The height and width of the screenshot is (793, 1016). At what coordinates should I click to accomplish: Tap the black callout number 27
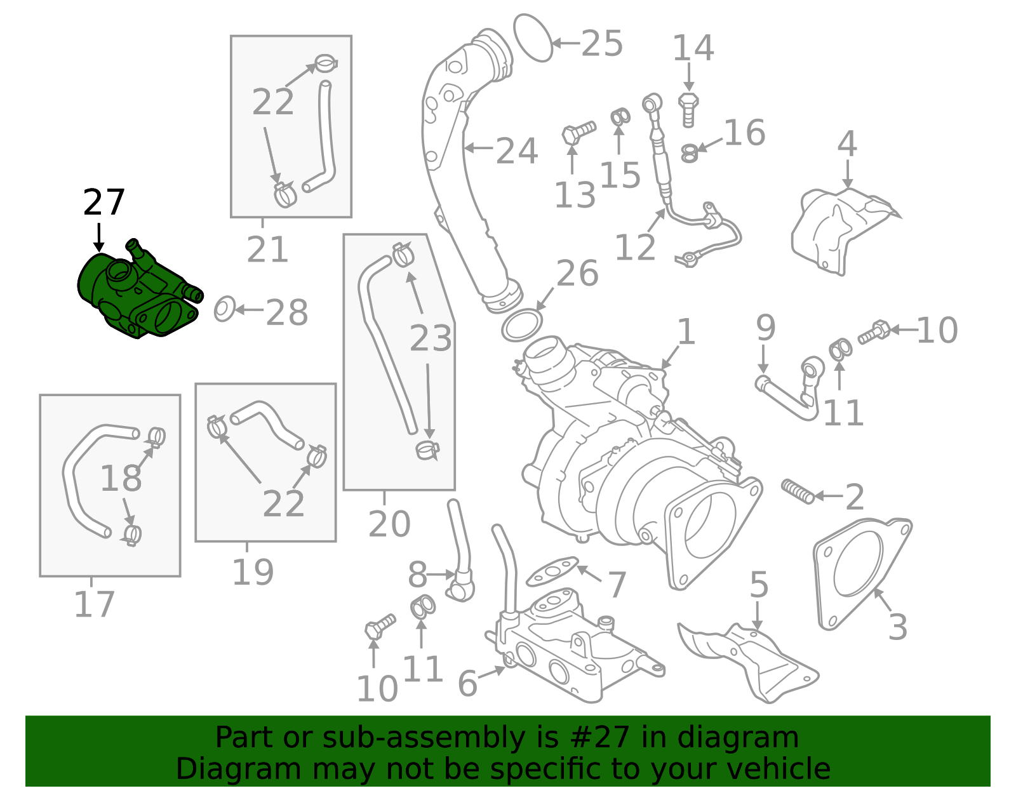(104, 203)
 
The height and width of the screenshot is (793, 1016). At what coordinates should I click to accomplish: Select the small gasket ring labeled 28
(224, 309)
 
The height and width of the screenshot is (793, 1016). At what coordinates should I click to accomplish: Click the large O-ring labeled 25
(532, 38)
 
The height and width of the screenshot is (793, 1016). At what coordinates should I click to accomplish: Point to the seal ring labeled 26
(522, 324)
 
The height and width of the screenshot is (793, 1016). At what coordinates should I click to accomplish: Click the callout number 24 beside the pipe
(516, 152)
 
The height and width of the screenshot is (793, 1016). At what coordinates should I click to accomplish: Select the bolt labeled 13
(578, 133)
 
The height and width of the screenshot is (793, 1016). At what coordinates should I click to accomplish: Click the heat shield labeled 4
(838, 229)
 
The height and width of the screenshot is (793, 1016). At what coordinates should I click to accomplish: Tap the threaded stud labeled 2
(798, 491)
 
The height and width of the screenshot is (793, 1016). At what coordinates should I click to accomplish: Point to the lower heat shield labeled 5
(749, 660)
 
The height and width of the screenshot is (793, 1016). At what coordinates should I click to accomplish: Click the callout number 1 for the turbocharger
(686, 332)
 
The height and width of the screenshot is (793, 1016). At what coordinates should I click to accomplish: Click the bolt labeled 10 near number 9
(874, 331)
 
